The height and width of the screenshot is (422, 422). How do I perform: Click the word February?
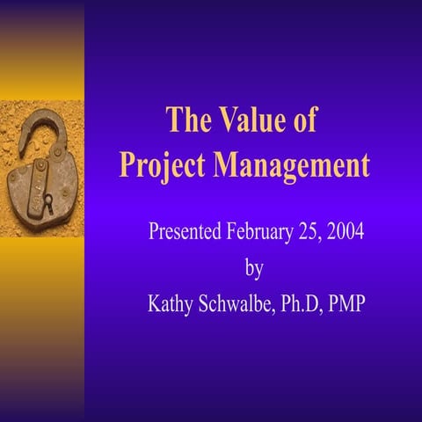[261, 233]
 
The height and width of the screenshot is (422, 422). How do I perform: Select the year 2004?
[347, 233]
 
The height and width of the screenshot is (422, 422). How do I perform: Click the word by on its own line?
[253, 268]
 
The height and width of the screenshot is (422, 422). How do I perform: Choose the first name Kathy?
[171, 304]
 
